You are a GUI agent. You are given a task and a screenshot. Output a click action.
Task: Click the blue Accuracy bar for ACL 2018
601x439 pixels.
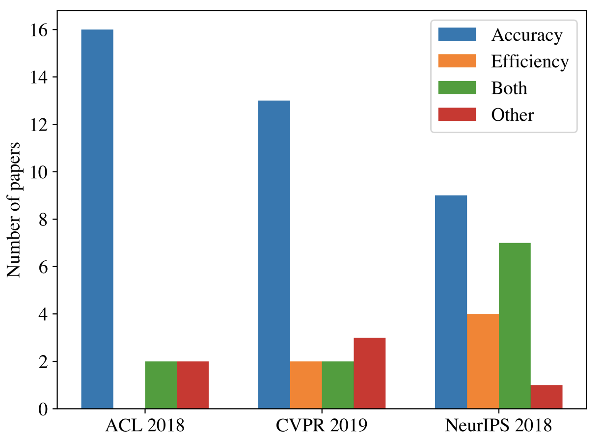point(97,219)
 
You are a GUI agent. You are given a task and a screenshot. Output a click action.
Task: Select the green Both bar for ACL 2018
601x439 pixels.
point(161,385)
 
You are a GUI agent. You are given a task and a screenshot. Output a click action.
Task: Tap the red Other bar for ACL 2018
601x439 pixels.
point(193,385)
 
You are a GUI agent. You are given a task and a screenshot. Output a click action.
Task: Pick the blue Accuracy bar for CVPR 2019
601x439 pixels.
point(274,254)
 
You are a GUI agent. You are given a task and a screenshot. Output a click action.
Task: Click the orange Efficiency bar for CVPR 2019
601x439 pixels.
point(306,385)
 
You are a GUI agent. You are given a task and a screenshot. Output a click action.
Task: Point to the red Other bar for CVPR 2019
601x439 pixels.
point(369,373)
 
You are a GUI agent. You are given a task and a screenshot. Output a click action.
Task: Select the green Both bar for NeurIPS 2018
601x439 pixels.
point(515,326)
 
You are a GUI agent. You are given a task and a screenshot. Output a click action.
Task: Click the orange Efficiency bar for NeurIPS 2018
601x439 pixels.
point(483,361)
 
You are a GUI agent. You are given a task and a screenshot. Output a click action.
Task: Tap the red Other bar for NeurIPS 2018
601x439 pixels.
point(546,397)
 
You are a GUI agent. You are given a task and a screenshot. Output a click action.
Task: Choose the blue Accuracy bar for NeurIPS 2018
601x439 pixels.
point(451,302)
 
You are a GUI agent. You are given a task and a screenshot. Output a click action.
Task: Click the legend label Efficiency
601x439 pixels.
point(530,62)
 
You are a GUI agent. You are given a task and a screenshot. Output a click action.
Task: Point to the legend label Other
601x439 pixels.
point(512,115)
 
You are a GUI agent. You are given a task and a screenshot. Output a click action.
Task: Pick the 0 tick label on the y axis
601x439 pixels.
point(43,409)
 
